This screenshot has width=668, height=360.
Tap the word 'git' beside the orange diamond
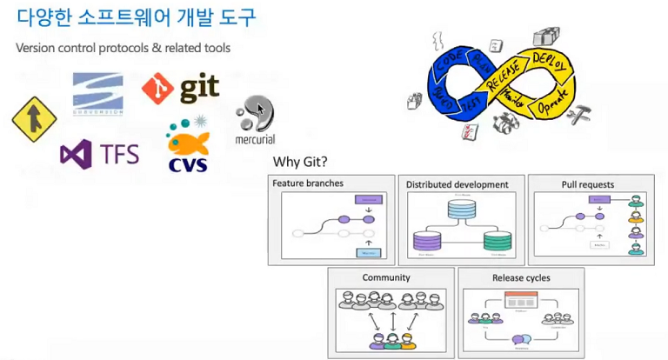point(198,88)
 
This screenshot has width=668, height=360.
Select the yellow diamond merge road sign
point(33,119)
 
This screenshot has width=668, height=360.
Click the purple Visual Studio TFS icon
point(74,154)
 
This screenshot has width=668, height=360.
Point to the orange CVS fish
point(185,140)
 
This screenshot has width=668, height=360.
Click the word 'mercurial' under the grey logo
point(255,139)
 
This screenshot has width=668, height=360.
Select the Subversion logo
point(98,94)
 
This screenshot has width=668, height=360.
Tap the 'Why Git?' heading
point(299,162)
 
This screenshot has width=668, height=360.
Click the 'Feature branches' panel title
point(308,184)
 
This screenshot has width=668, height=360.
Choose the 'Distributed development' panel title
point(458,184)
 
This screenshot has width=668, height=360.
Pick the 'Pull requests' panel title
point(589,184)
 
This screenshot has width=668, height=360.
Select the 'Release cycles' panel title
point(520,278)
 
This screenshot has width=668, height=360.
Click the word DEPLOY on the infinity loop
point(547,62)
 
